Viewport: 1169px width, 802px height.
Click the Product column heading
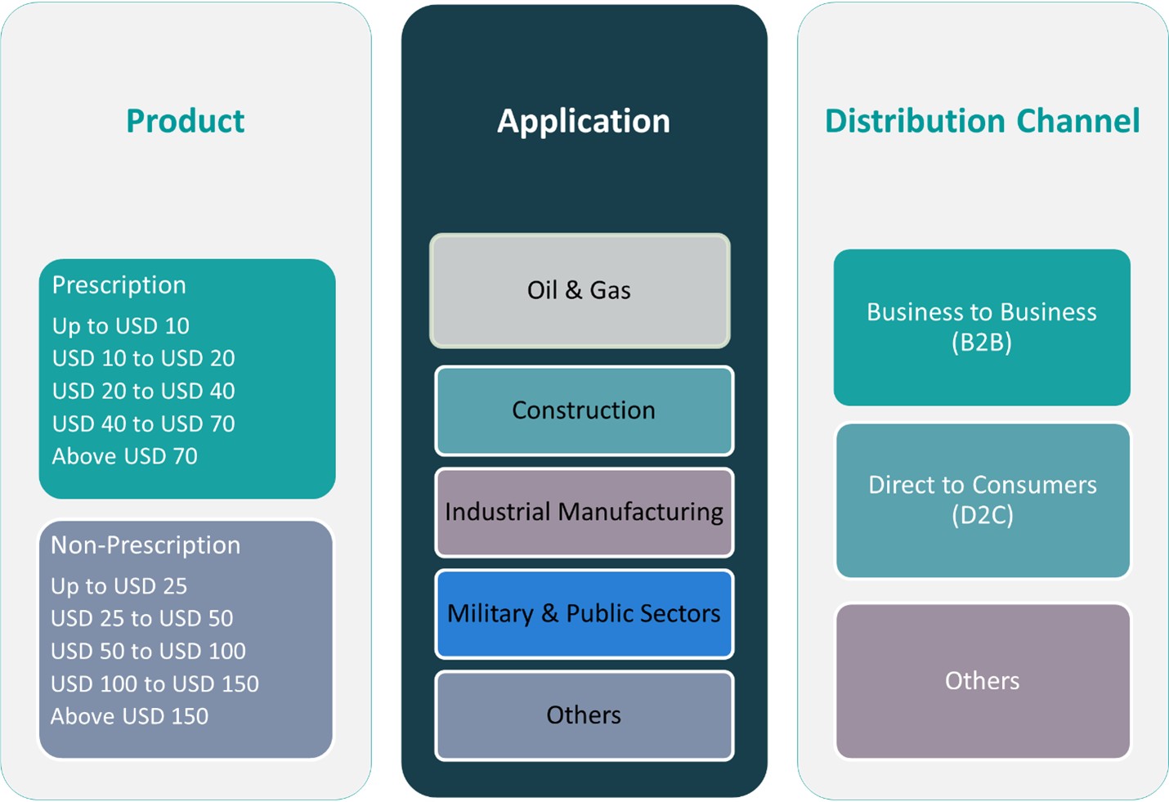(185, 121)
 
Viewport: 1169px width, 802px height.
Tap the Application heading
(584, 121)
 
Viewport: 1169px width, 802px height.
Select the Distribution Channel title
(982, 121)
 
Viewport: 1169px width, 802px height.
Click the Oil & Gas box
(580, 291)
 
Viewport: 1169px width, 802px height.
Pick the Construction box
(584, 410)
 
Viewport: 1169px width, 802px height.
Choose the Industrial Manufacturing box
(584, 512)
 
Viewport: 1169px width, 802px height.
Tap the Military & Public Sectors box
(584, 613)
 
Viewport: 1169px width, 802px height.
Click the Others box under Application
(584, 715)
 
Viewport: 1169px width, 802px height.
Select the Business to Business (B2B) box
(982, 327)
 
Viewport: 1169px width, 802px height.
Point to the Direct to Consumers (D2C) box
(982, 500)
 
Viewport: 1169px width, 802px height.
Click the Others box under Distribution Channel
(982, 681)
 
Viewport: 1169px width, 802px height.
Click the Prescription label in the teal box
(119, 285)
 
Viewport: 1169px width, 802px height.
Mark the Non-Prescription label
(146, 545)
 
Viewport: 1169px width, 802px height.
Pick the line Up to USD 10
(121, 326)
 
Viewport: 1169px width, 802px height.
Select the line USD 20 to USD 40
(144, 392)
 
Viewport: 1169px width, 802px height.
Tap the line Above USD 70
(125, 456)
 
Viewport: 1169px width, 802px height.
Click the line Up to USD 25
(119, 586)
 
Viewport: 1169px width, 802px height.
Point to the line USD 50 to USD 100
(148, 652)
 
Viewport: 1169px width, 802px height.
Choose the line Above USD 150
(130, 716)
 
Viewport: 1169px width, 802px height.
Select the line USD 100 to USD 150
(155, 684)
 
